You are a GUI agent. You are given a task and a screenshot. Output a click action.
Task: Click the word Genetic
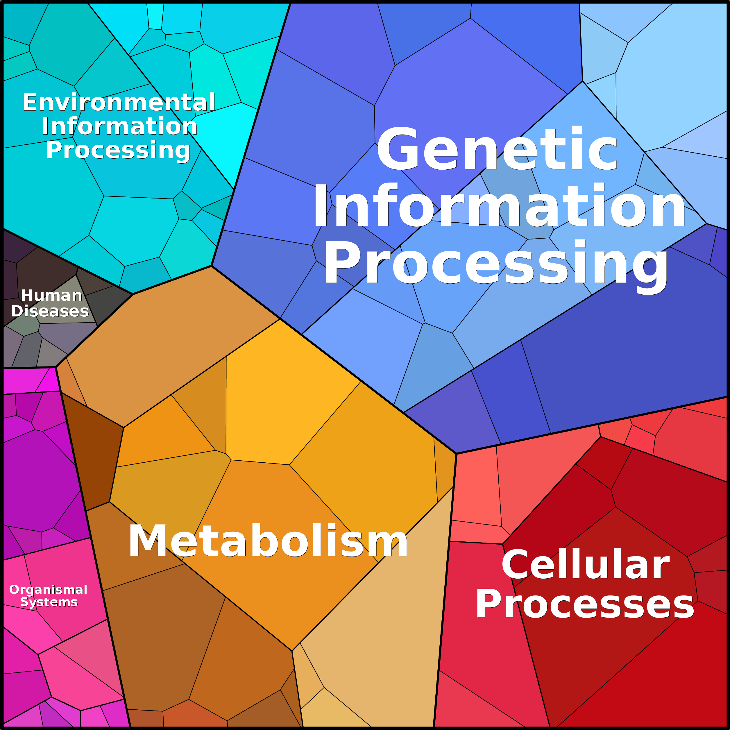(497, 148)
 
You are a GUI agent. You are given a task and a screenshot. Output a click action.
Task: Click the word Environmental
(119, 102)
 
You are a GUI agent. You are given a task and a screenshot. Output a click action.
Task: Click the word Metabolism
(268, 541)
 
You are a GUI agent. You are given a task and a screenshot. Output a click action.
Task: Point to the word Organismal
(48, 589)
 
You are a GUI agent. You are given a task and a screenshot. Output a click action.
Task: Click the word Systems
(49, 602)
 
